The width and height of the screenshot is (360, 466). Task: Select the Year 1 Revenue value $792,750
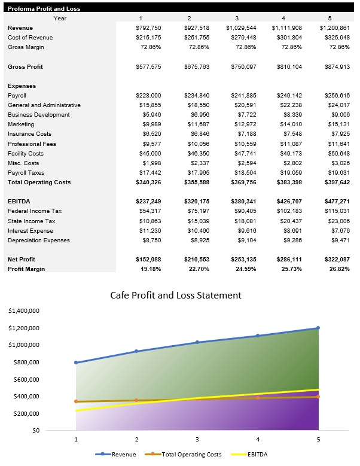click(148, 28)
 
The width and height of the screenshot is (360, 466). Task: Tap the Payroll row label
click(17, 95)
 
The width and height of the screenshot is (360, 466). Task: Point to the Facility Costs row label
click(25, 153)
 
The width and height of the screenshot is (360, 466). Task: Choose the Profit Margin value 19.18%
click(150, 269)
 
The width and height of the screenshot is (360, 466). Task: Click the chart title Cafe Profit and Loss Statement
click(176, 295)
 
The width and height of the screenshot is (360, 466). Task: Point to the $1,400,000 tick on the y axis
click(25, 311)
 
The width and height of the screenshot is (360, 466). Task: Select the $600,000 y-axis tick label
click(26, 379)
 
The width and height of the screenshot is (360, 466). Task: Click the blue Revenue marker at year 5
click(318, 328)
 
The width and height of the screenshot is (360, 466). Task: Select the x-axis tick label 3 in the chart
click(197, 440)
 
